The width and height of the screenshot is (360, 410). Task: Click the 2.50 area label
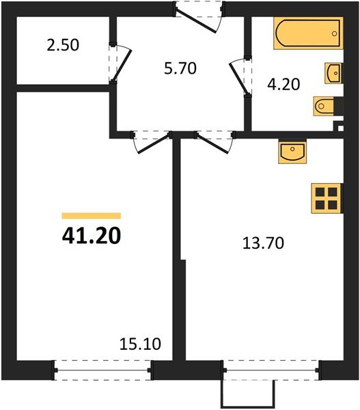point(64,46)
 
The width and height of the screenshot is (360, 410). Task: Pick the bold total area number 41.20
point(91,236)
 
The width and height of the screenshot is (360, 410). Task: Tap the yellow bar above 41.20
point(91,215)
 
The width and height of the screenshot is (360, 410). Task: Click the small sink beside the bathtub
point(334,72)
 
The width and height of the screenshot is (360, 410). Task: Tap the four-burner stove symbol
point(325,197)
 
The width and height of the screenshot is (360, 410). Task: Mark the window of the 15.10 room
point(102,371)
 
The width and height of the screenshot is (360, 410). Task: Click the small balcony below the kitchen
point(247,393)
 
